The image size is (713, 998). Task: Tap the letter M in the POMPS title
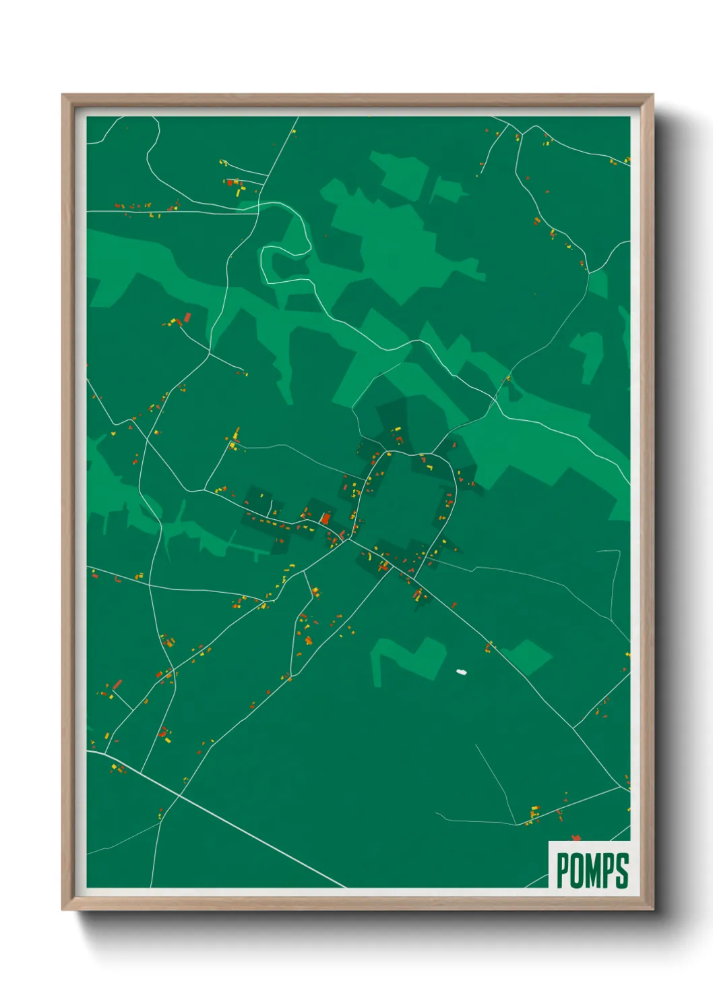pos(594,871)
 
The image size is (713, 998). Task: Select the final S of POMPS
pos(622,871)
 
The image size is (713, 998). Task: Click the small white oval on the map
pos(462,672)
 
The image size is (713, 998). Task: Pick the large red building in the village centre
pos(325,518)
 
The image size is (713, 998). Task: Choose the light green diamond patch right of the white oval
pos(528,656)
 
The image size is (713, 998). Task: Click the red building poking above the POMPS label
pos(576,838)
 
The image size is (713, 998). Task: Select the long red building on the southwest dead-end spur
pos(117,684)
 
